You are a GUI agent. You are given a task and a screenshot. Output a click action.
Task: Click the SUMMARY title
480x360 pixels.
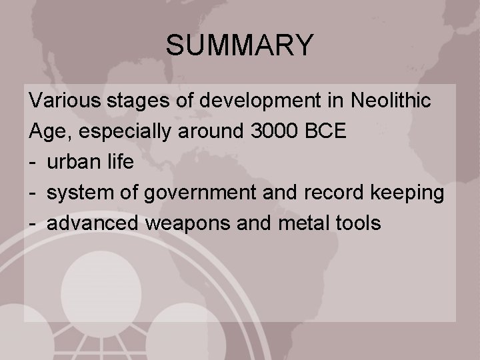pyautogui.click(x=239, y=45)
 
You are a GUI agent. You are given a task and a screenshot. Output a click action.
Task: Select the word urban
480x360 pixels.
pyautogui.click(x=73, y=162)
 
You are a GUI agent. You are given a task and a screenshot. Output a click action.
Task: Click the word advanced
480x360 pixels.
pyautogui.click(x=93, y=223)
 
